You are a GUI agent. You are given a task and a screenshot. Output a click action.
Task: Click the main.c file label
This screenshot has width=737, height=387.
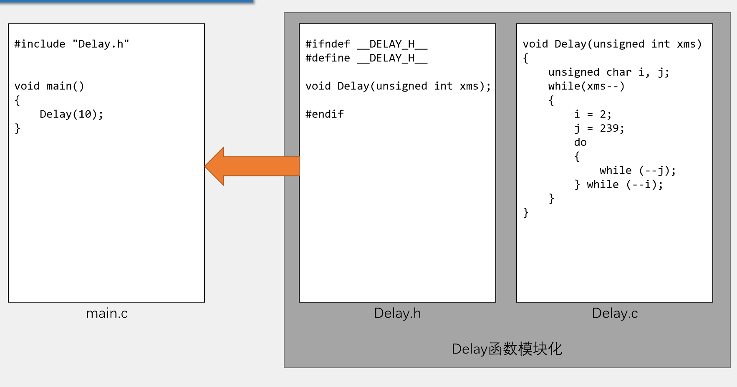107,313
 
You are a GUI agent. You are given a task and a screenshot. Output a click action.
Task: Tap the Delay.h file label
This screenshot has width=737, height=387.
397,313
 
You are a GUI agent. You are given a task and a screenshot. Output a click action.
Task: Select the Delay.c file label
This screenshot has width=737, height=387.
615,313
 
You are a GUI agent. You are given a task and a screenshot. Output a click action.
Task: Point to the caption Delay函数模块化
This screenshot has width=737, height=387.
507,349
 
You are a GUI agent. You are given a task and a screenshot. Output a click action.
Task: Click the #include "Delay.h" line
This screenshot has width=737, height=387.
72,44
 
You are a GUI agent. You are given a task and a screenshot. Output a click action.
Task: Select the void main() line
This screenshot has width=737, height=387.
49,86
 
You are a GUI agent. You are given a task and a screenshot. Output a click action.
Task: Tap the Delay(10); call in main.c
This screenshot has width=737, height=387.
71,114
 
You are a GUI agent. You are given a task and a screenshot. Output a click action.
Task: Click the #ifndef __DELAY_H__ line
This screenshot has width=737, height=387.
366,44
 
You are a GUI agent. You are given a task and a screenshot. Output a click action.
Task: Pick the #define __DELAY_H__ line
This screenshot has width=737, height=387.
366,58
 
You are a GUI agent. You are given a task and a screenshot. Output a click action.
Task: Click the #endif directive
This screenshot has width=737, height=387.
325,114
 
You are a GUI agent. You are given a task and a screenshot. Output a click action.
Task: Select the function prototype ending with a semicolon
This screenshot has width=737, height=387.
398,86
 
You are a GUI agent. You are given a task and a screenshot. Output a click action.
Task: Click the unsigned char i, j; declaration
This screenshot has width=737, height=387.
608,72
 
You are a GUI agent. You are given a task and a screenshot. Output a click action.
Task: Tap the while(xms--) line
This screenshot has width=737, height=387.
586,86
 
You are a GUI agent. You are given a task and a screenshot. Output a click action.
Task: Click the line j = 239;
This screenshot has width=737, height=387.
599,128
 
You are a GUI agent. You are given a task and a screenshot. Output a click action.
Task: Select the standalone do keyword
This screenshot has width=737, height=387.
580,143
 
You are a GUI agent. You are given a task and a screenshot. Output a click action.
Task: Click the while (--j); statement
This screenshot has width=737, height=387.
637,171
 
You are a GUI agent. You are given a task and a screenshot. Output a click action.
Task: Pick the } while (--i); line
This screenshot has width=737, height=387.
618,184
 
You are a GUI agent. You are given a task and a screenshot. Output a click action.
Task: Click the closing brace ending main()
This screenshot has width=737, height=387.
18,128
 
